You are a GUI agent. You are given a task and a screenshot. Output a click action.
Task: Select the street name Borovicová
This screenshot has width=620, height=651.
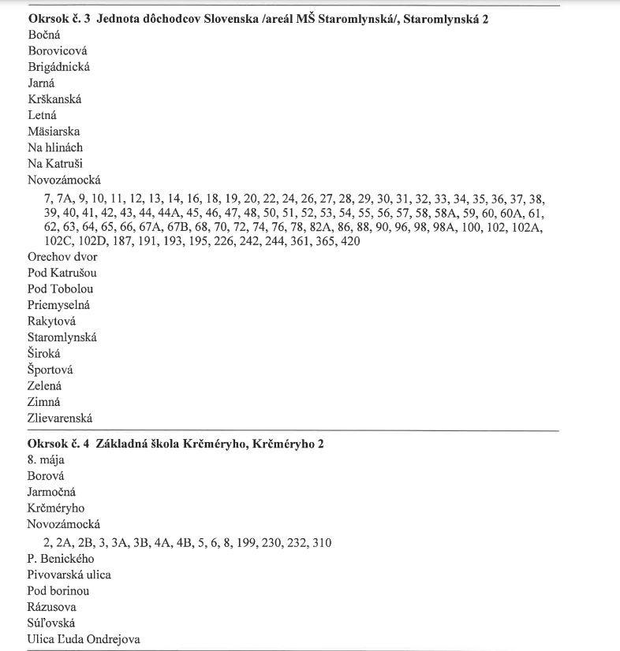[x=56, y=50]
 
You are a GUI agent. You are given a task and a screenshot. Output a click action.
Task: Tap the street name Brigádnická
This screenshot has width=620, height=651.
[x=58, y=67]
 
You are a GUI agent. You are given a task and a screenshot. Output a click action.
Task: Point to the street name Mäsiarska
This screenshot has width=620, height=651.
[x=54, y=132]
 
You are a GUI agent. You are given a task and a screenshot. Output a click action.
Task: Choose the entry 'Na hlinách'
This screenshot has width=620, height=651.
[x=55, y=147]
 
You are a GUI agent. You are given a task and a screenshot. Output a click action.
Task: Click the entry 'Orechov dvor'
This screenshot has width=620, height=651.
[x=61, y=256]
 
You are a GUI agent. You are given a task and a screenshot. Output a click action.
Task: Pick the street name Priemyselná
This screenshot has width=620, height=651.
[x=59, y=305]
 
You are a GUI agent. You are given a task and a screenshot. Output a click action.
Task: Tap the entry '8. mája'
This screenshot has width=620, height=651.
[x=46, y=459]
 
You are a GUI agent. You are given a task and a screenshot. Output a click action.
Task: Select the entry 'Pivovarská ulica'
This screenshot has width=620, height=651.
[x=69, y=575]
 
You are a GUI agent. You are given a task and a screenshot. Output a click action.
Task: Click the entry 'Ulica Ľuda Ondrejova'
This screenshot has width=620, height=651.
[x=84, y=639]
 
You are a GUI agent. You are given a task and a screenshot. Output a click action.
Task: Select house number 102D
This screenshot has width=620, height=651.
[x=93, y=241]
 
